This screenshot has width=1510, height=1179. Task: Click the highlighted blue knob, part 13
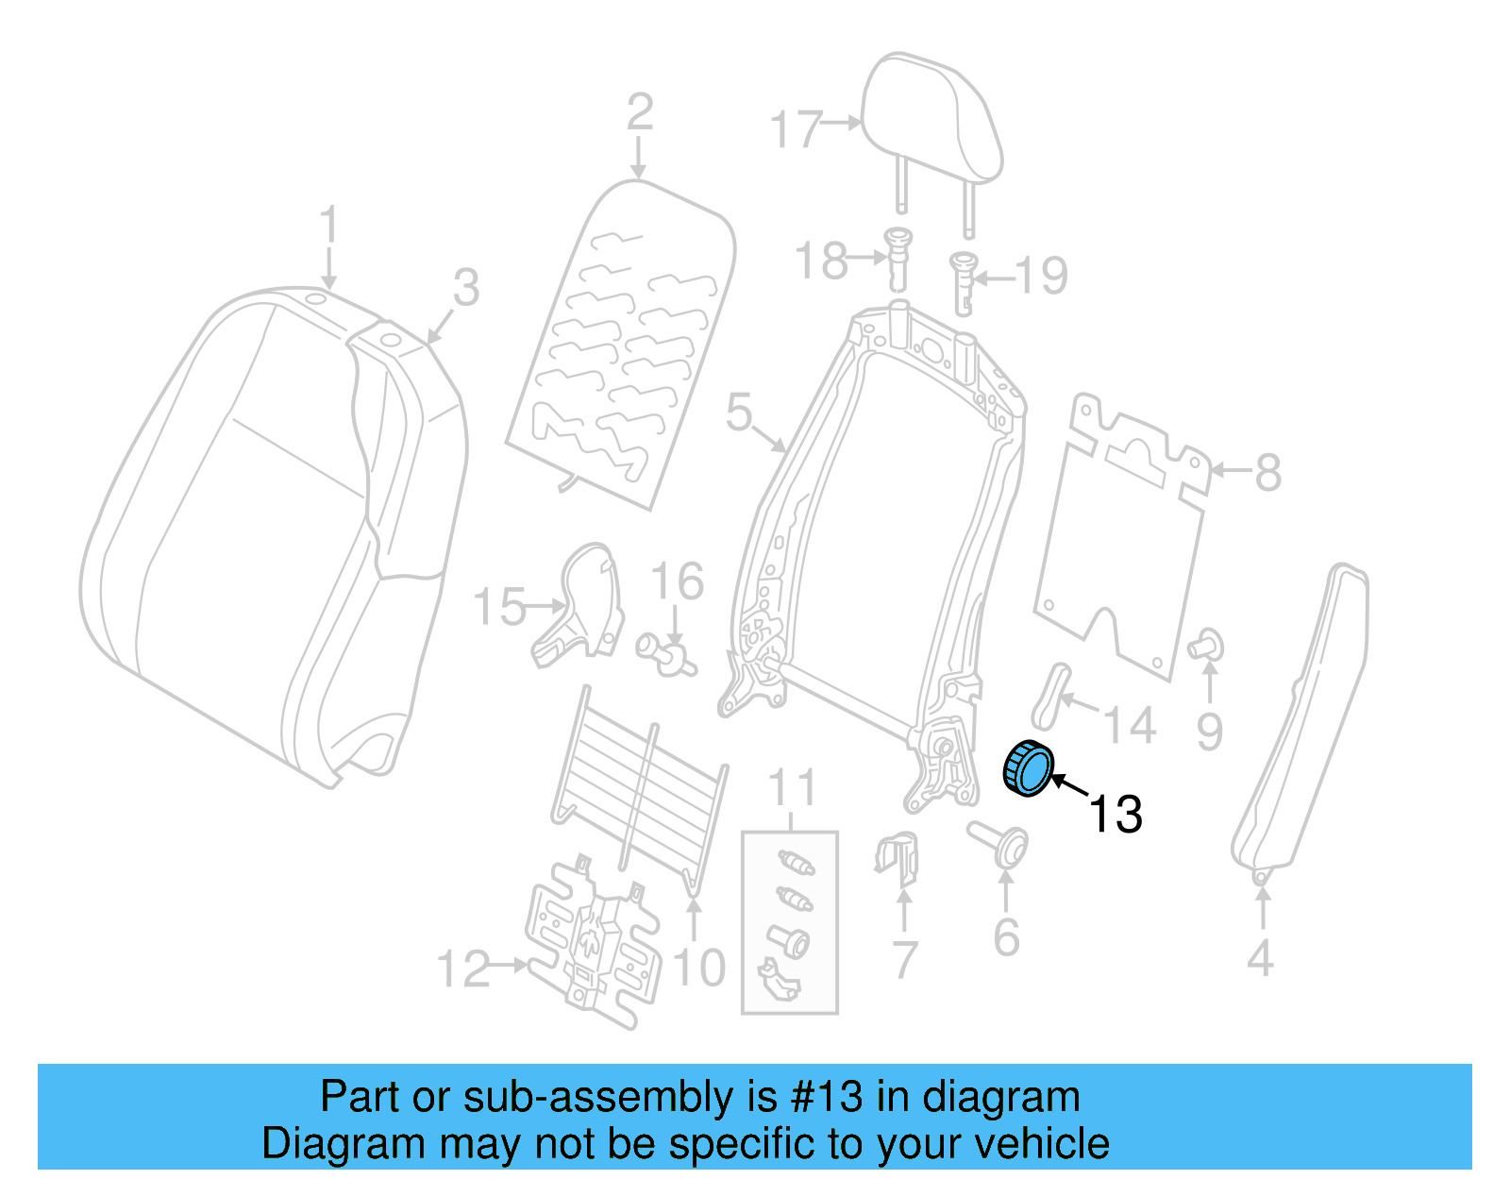pos(1028,768)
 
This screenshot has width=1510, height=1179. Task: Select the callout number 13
pos(1116,814)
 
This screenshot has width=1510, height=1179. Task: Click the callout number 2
pos(640,112)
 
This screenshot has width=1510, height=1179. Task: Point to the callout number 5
pos(739,413)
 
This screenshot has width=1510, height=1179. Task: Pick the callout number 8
pos(1267,472)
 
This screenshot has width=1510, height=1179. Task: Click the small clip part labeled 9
pos(1205,645)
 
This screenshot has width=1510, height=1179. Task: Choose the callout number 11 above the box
pos(791,787)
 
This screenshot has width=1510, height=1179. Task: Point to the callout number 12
pos(463,969)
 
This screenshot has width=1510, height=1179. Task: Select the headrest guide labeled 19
pos(963,280)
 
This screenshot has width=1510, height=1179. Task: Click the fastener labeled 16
pos(666,653)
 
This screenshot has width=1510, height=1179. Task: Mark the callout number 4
pos(1260,959)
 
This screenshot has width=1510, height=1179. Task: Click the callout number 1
pos(327,227)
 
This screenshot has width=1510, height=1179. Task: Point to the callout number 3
pos(465,287)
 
